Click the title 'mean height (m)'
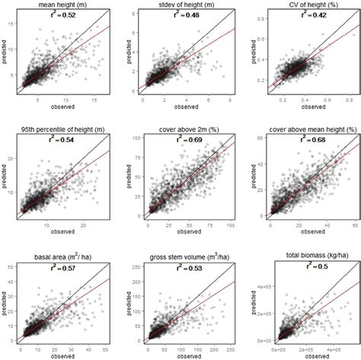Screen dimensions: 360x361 click(64, 5)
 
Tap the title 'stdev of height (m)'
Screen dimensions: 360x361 click(186, 5)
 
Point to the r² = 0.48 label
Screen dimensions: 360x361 click(184, 15)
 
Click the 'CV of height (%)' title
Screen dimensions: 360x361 click(306, 5)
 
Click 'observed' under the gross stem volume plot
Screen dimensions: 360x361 click(186, 355)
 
